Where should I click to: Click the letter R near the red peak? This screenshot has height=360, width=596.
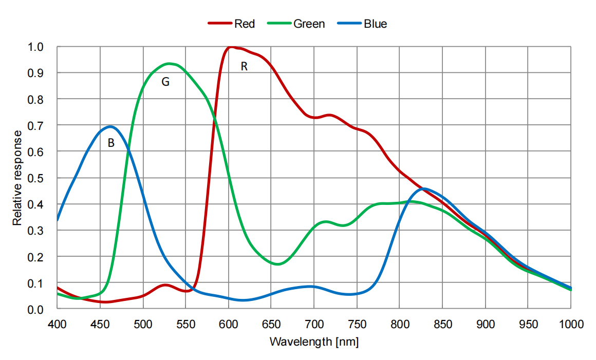(x=245, y=66)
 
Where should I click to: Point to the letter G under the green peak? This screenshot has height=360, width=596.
(x=165, y=82)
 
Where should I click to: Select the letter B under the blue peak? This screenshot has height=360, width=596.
(x=110, y=144)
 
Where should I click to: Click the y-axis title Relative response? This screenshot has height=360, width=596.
(x=17, y=178)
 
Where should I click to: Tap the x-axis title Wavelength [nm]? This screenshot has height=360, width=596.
(x=314, y=342)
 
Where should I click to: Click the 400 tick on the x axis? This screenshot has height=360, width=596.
(x=57, y=324)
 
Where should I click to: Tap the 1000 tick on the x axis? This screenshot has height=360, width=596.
(x=570, y=324)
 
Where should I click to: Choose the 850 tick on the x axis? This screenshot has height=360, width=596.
(x=442, y=324)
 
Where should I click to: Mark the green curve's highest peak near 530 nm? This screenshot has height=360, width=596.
(x=169, y=64)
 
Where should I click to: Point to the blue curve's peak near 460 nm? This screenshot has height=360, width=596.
(x=110, y=126)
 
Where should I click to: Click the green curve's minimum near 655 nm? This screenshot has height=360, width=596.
(x=277, y=264)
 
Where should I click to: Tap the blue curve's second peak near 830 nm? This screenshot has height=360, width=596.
(x=424, y=188)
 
